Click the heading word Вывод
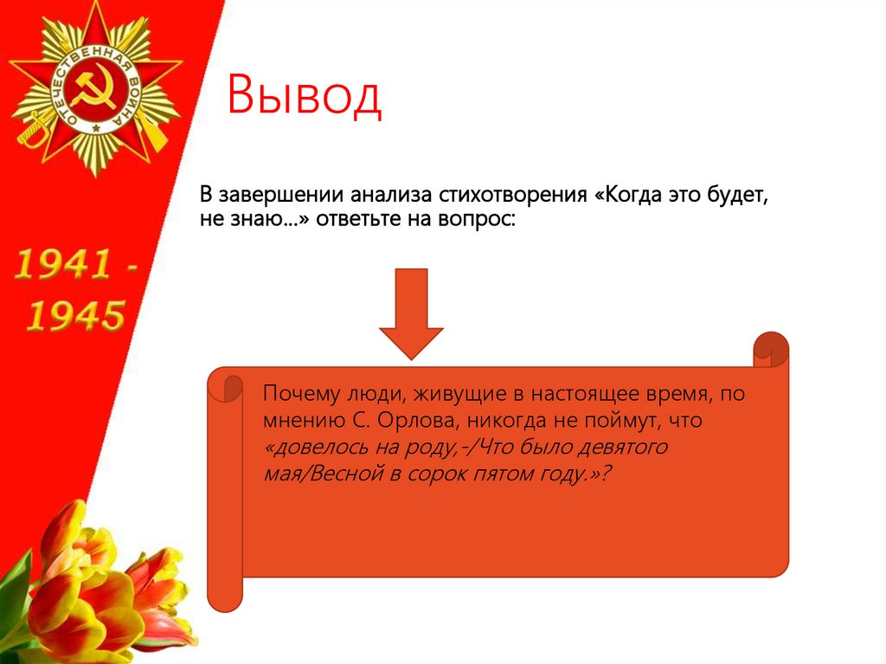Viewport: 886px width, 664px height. [x=305, y=96]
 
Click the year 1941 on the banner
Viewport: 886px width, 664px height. [x=66, y=265]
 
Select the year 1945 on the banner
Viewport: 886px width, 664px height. [x=74, y=316]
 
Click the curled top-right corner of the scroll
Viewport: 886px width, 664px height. [x=770, y=349]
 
